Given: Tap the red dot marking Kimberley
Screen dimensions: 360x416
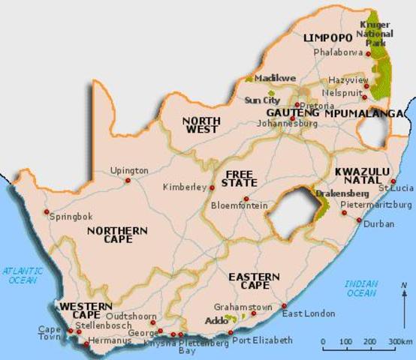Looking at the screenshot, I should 213,187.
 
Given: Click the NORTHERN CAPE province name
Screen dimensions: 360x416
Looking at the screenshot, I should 110,235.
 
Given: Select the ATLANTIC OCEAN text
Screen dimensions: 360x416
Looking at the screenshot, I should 22,274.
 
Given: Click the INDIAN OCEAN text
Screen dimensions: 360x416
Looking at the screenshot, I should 361,288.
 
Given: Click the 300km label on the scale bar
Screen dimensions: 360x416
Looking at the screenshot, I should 399,342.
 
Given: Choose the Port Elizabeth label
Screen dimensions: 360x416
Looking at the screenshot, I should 262,340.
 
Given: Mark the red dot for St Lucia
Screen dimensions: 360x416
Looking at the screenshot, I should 393,181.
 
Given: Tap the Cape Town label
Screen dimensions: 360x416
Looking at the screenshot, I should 50,333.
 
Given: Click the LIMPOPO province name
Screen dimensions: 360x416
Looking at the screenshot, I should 327,37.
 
